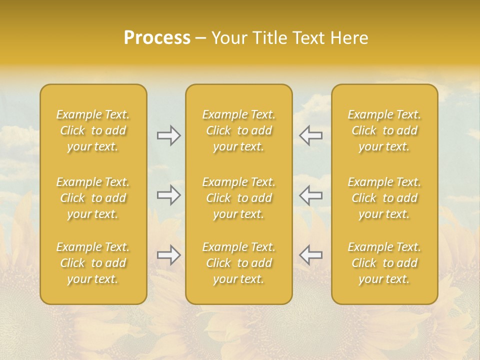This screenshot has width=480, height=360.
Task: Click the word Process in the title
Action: coord(157,38)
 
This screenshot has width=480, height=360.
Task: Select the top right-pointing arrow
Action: coord(169,135)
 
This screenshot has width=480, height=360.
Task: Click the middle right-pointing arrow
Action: coord(169,195)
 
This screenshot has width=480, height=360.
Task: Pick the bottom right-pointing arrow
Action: coord(169,255)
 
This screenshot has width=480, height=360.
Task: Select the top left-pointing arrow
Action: coord(310,135)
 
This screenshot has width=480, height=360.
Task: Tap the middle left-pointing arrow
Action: coord(310,195)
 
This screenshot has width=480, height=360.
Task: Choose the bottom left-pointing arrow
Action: coord(310,255)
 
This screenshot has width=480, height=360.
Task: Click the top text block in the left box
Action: coord(93,130)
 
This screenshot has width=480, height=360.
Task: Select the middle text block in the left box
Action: coord(93,198)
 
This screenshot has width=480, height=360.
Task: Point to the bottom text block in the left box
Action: coord(93,263)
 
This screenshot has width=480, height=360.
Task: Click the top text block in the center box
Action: coord(239,130)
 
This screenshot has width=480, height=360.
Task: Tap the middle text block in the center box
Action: coord(239,198)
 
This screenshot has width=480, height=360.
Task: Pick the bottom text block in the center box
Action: coord(239,263)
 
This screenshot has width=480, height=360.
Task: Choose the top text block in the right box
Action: coord(384,130)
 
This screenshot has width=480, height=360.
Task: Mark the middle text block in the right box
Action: coord(384,198)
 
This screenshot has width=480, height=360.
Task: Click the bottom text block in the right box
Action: coord(384,263)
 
